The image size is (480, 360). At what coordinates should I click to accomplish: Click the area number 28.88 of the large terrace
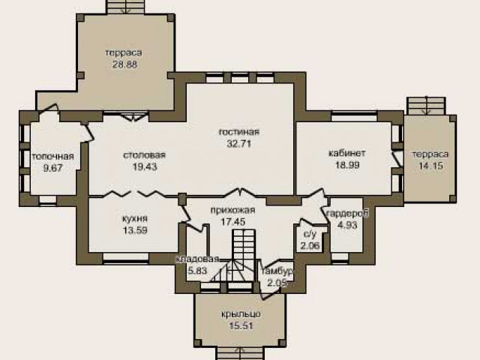pos(124,65)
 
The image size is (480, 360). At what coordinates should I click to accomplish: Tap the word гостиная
pos(239,132)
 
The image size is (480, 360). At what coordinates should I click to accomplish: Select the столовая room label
pos(144,155)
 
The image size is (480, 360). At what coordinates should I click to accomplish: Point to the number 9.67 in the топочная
pos(52,168)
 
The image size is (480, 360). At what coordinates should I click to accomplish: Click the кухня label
pos(135,218)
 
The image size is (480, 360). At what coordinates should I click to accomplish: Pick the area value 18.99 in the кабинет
pos(347,165)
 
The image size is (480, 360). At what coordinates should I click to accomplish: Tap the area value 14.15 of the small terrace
pos(430,166)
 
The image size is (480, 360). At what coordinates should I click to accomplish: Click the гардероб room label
pos(347,213)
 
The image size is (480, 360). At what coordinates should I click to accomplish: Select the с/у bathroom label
pos(310,234)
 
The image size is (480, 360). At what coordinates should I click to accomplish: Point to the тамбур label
pos(277,271)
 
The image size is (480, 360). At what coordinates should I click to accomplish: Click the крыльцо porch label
pos(241,314)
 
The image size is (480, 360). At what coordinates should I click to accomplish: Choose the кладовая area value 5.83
pos(197,271)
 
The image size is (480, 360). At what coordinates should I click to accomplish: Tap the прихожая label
pos(232,210)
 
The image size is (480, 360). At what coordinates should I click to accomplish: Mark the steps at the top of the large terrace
pos(125,7)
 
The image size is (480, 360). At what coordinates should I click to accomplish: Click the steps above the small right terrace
pos(426,106)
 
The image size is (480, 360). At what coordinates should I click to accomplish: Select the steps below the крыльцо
pos(240,354)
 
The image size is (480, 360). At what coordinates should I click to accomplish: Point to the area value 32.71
pos(239,143)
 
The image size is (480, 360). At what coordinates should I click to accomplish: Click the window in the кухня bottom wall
pos(126,258)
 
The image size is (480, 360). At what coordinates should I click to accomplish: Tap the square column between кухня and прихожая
pos(182,199)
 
